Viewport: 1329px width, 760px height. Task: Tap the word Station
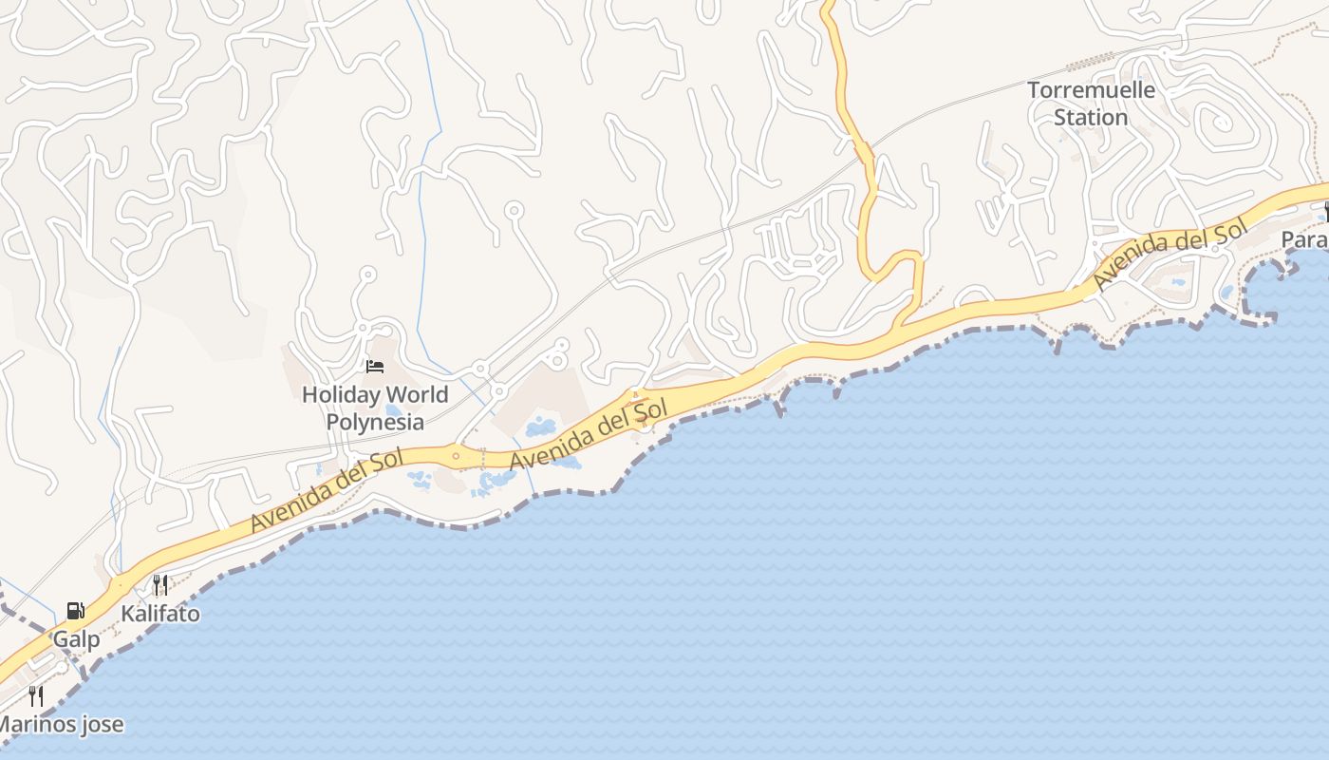point(1091,118)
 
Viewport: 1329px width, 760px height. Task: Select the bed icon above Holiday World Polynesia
point(375,367)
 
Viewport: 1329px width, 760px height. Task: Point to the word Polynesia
point(375,421)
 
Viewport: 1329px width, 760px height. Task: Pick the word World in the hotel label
point(417,394)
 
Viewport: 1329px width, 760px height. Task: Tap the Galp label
point(76,639)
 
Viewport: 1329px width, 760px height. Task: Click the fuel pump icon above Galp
point(75,611)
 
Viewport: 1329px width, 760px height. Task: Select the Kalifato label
point(160,614)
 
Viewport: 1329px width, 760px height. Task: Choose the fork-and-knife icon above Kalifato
point(160,585)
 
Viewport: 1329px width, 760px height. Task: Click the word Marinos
point(34,725)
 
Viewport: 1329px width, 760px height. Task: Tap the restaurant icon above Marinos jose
point(36,696)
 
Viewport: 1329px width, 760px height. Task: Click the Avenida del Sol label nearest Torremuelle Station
point(1169,255)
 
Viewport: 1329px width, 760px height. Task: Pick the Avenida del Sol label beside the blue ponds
point(589,434)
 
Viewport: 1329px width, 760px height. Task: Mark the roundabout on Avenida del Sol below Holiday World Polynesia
point(457,457)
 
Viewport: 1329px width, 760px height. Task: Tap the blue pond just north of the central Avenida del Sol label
point(542,425)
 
